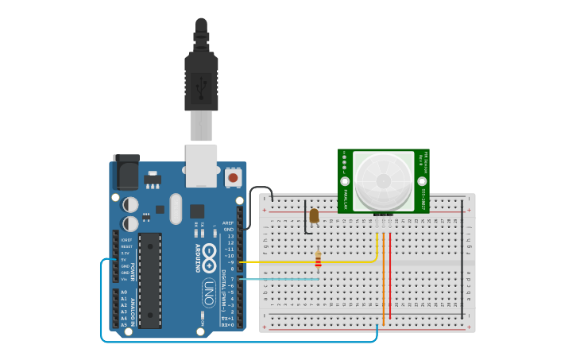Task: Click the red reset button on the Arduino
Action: (x=233, y=178)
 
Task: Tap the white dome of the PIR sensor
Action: (x=383, y=180)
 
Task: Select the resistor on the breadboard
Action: (x=319, y=261)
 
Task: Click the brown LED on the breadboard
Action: (x=314, y=215)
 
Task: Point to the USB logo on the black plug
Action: (x=201, y=82)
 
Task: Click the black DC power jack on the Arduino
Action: (x=126, y=172)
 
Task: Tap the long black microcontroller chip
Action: (x=150, y=280)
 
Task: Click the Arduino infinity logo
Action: (x=209, y=254)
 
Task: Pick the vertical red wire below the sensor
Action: (x=390, y=274)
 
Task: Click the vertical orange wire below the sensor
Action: (x=383, y=278)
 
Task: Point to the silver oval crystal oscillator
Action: (x=175, y=209)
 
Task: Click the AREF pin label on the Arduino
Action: (x=228, y=223)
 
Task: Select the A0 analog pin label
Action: (x=123, y=292)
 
